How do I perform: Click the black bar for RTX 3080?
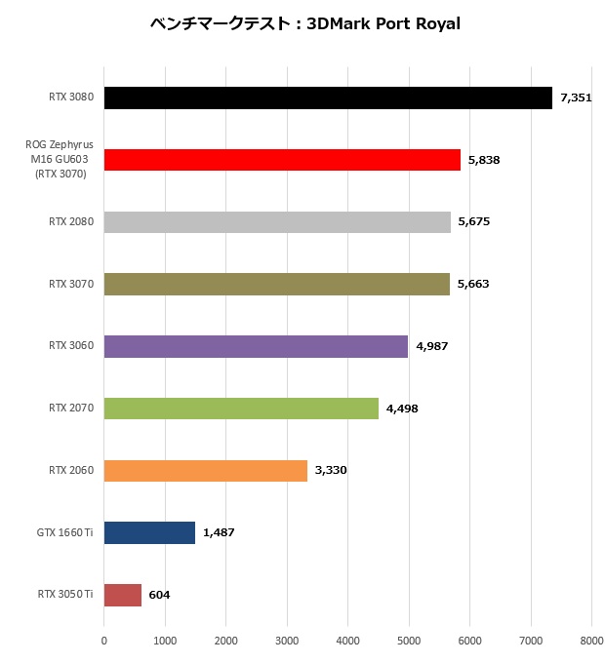328,97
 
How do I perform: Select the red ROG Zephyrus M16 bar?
282,160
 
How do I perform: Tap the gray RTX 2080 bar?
277,221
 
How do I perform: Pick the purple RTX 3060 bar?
256,346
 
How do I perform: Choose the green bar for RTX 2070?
241,408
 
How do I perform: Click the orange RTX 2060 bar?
206,470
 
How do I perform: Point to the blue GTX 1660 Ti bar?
149,532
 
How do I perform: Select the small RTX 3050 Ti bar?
123,594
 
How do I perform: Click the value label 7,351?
576,97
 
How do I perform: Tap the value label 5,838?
484,160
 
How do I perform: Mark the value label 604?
160,594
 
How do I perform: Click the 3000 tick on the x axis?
287,641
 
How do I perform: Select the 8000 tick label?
591,641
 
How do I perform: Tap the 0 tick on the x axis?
104,641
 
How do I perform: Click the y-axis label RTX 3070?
71,284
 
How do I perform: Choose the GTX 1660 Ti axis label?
65,532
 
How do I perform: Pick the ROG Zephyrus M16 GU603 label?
60,159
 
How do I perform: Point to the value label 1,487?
219,532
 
